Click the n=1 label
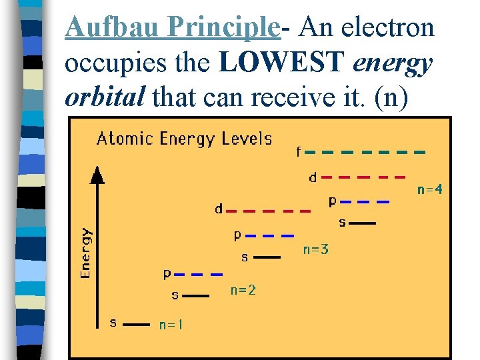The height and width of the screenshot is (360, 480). (171, 325)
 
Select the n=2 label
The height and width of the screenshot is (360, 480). (243, 290)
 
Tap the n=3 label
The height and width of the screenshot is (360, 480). (316, 250)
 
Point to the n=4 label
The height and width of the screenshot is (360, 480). (430, 189)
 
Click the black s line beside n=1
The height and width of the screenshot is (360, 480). (137, 325)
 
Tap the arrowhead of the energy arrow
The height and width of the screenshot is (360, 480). (97, 175)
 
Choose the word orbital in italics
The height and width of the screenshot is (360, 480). (105, 97)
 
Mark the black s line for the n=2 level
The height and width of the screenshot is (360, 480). (196, 294)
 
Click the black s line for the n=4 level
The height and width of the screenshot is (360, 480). (363, 223)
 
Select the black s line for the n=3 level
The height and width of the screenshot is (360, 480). (267, 257)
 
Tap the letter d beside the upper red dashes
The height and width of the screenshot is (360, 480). (313, 177)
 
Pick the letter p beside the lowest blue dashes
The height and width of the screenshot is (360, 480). (167, 273)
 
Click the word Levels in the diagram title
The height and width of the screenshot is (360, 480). (248, 139)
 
